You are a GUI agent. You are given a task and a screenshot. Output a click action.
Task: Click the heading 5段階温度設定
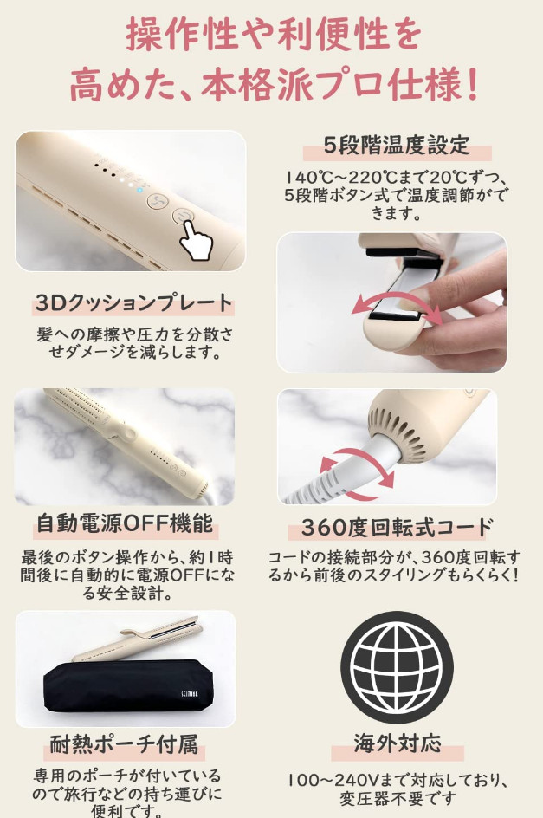coord(397,145)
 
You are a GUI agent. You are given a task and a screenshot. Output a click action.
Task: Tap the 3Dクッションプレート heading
coord(133,303)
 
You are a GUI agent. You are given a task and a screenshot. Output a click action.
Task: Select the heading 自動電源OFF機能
coord(125,523)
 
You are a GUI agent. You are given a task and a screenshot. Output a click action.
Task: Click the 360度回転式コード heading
coord(397,528)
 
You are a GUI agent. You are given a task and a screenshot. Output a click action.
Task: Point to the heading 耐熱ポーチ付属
coord(124,744)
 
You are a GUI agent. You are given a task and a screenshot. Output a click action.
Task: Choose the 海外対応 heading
coord(398,743)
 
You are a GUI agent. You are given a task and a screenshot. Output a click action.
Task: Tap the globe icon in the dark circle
coord(397,667)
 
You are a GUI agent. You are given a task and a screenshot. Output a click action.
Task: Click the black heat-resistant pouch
coord(128,686)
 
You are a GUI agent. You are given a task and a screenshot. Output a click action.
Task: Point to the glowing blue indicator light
coord(139,190)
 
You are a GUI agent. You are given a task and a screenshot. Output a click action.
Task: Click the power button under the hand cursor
coord(183,216)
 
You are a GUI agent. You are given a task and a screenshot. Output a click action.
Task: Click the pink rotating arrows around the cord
coord(356,474)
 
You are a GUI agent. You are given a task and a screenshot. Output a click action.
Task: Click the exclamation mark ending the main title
coord(472,84)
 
